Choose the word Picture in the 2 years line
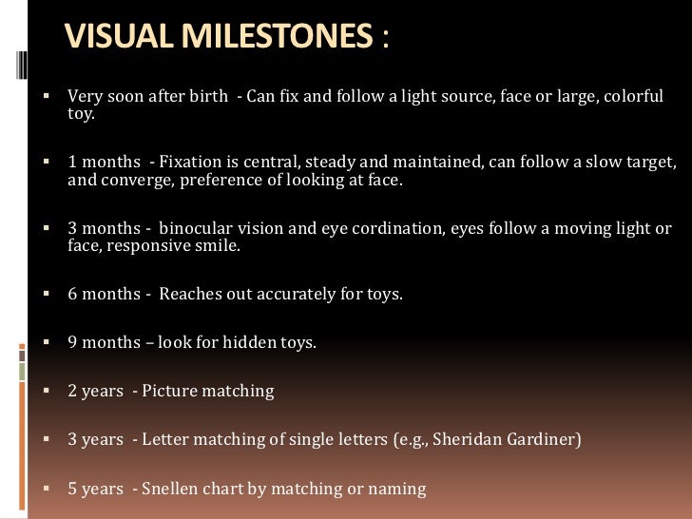coord(174,392)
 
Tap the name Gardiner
coord(542,440)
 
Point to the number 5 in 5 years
coord(72,490)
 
